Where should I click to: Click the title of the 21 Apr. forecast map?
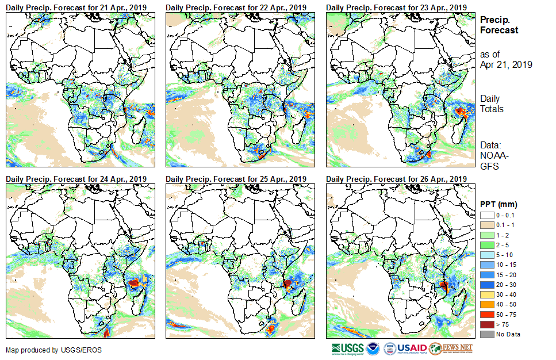coord(76,7)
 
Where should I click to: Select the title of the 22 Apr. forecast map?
coord(236,7)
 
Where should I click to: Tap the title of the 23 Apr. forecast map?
coord(396,7)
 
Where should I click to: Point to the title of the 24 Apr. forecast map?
coord(76,179)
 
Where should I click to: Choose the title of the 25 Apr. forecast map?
coord(236,179)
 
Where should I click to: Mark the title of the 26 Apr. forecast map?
coord(396,179)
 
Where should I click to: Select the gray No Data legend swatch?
coord(486,334)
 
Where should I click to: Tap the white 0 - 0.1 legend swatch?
coord(486,215)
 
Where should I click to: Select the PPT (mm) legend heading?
coord(499,204)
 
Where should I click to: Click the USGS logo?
coord(347,348)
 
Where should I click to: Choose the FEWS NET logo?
coord(451,348)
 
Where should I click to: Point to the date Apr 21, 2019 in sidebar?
coord(506,64)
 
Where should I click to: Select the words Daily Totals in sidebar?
coord(492,104)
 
